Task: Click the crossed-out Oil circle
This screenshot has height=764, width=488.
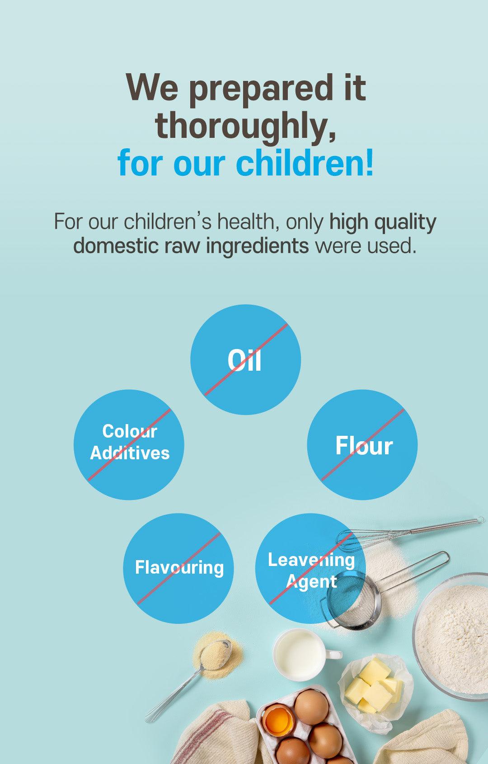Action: [x=245, y=359]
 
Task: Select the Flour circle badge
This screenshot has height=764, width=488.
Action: [x=362, y=445]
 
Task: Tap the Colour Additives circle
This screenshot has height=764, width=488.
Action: [x=129, y=445]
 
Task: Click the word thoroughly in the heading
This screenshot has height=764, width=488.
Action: [x=245, y=126]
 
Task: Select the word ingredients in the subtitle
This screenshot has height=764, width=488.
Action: [x=258, y=246]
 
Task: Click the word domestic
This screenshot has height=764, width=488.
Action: [x=116, y=245]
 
